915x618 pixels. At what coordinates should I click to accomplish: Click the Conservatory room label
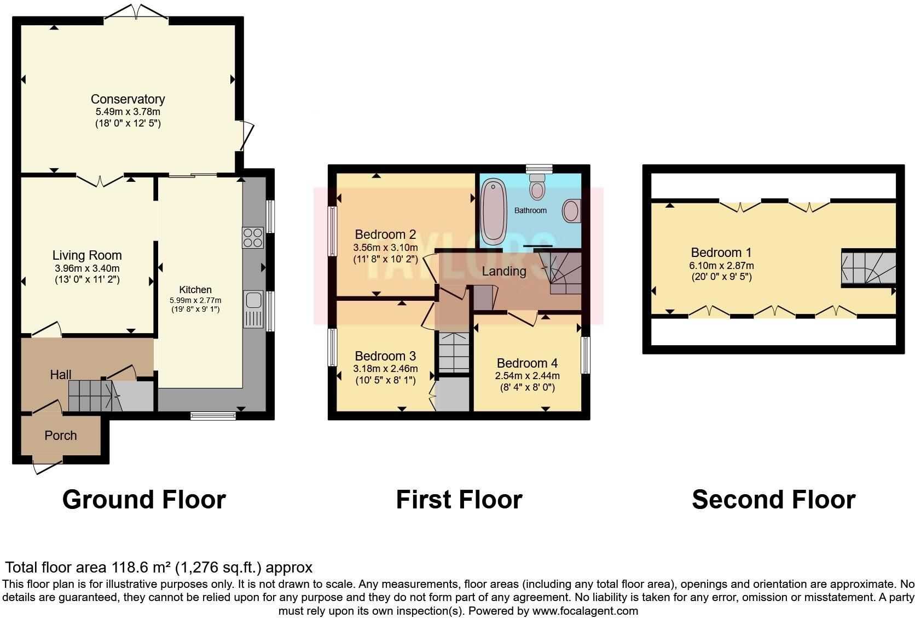coord(128,99)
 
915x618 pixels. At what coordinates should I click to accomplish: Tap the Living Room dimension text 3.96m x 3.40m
coord(87,268)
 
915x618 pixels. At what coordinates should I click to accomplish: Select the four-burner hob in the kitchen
coord(253,238)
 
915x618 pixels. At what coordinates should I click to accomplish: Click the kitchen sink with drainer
coord(253,309)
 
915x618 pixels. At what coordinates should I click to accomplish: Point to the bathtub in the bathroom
coord(494,211)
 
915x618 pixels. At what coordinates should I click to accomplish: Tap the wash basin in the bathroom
coord(571,210)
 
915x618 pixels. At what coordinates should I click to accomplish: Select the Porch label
coord(60,436)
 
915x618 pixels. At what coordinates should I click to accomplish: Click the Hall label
coord(60,374)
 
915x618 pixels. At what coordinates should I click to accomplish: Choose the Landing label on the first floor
coord(504,271)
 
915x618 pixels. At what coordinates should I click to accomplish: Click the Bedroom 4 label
coord(528,363)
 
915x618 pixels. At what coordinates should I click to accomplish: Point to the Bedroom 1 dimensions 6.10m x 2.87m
coord(721,265)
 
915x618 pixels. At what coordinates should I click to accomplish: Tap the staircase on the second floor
coord(868,268)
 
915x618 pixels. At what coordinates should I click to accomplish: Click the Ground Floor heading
coord(144,500)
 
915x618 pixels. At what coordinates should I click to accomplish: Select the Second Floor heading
coord(774,500)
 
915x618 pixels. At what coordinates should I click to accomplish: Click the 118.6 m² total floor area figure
coord(141,567)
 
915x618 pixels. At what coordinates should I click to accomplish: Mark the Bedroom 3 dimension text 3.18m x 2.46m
coord(386,369)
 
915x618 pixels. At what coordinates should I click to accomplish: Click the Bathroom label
coord(530,210)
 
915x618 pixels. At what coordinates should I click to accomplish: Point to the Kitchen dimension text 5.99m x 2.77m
coord(195,300)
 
